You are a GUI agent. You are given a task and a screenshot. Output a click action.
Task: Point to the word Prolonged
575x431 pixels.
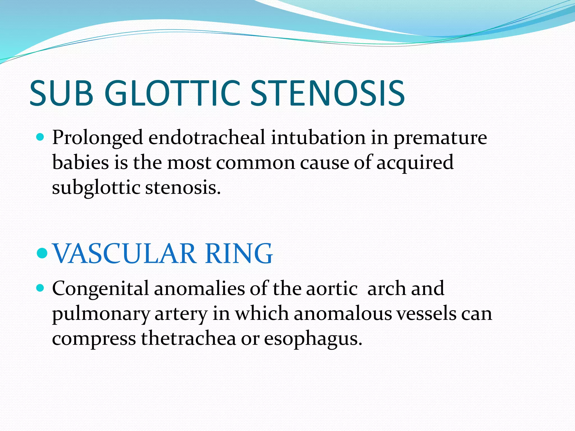(x=97, y=138)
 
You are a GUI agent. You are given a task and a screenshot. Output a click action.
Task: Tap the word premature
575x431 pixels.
(x=440, y=138)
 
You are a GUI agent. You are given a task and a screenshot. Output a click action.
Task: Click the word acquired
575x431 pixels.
(x=415, y=163)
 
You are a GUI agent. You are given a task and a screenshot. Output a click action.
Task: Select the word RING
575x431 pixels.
(x=239, y=253)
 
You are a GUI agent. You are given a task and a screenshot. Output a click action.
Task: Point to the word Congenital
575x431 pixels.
(x=100, y=289)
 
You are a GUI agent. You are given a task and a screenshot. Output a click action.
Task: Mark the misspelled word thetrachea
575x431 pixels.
(x=188, y=338)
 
